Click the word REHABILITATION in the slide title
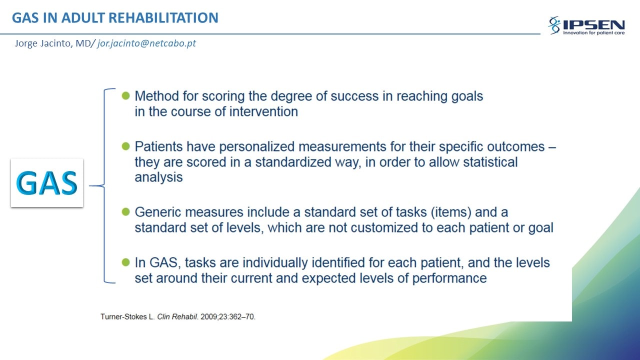pos(163,17)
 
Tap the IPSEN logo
pos(586,25)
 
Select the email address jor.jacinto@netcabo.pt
pos(146,43)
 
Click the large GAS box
pos(47,183)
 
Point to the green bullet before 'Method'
pos(125,95)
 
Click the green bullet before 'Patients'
pos(125,146)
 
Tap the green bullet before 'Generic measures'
pos(125,211)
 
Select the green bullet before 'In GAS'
pos(125,262)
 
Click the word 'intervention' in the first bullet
pos(263,111)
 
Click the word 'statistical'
pos(490,162)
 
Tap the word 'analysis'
pos(158,177)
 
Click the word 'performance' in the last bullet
pos(449,278)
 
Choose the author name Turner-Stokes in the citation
pos(123,316)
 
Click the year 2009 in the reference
pos(209,316)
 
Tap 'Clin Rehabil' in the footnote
pos(177,316)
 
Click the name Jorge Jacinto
pos(43,43)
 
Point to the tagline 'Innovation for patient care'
pos(593,33)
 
